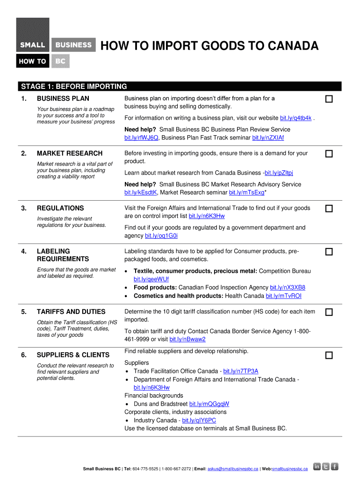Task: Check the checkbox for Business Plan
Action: click(329, 99)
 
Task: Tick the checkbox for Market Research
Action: click(329, 154)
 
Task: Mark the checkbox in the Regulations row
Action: click(329, 209)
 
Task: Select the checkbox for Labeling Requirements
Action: click(329, 252)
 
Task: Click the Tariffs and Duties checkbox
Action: click(329, 312)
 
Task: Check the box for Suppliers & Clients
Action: click(329, 356)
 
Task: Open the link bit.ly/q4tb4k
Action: click(295, 118)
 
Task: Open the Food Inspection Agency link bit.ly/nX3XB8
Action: click(288, 288)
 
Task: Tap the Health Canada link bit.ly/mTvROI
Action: click(283, 296)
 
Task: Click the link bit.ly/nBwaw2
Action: click(187, 339)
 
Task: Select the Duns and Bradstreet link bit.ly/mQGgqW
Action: click(209, 404)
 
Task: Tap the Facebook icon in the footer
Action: click(335, 466)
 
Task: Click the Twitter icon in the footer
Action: click(326, 466)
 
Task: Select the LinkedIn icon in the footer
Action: click(317, 466)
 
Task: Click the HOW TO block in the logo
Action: click(32, 61)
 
